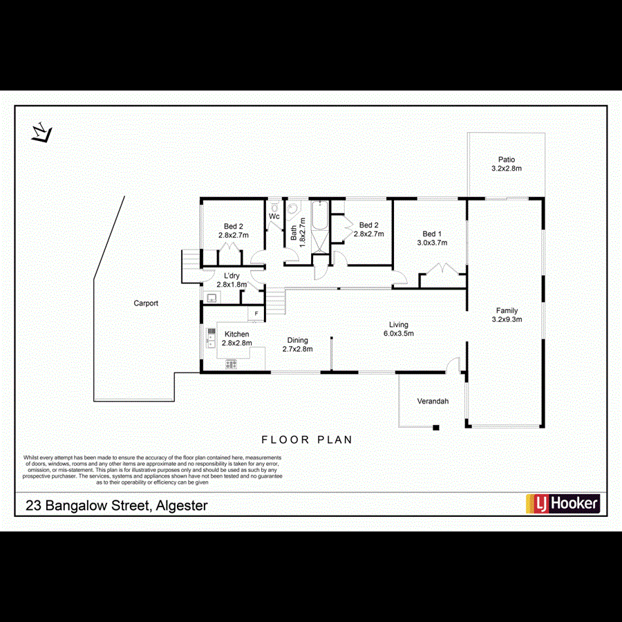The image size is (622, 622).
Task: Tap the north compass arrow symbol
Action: [x=42, y=132]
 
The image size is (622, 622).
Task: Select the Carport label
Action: [x=146, y=303]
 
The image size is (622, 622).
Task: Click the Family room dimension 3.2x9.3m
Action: [x=507, y=319]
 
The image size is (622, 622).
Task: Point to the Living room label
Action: [x=399, y=325]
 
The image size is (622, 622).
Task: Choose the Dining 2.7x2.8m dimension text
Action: [x=297, y=349]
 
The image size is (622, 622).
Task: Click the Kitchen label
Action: [x=236, y=334]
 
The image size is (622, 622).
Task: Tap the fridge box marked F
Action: [x=256, y=314]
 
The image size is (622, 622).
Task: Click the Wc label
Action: [x=274, y=216]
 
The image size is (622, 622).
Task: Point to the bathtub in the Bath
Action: [x=320, y=216]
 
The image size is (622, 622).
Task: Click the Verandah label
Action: [x=433, y=402]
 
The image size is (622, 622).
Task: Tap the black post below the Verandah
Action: [x=436, y=428]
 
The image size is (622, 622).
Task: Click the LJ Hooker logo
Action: [x=563, y=504]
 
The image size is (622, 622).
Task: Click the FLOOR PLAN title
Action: [x=306, y=440]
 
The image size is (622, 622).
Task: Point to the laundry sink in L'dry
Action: [x=211, y=298]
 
